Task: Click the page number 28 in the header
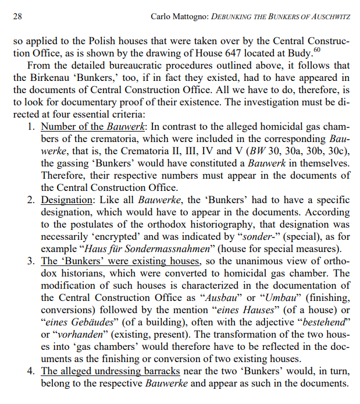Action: [17, 17]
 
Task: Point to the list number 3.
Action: [32, 260]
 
